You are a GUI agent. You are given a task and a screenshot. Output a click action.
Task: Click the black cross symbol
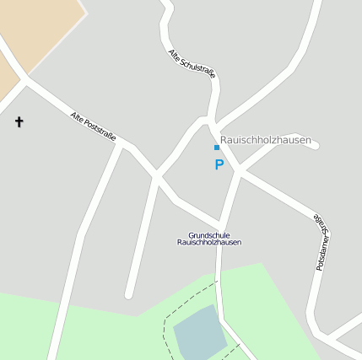[x=19, y=122]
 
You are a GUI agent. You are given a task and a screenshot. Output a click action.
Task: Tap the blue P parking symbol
[x=219, y=165]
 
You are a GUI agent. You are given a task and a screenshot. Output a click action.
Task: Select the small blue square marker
[x=217, y=148]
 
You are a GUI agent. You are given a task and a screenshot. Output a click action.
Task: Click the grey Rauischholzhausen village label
[x=265, y=140]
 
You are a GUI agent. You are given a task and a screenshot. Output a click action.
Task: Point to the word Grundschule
[x=208, y=235]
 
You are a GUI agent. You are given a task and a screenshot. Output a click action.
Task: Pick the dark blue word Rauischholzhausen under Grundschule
[x=208, y=243]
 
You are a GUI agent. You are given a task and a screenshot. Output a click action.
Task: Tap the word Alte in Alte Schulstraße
[x=174, y=53]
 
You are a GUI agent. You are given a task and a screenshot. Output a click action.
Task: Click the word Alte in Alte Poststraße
[x=78, y=116]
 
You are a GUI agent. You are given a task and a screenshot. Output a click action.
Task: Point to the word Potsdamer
[x=321, y=253]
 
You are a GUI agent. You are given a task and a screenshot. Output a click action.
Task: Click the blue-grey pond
[x=198, y=332]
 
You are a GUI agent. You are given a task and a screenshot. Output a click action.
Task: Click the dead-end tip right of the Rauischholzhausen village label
[x=316, y=146]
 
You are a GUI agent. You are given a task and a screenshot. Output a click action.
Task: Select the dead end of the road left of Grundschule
[x=129, y=295]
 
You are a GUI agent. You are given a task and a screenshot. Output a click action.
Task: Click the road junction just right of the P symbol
[x=239, y=171]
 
